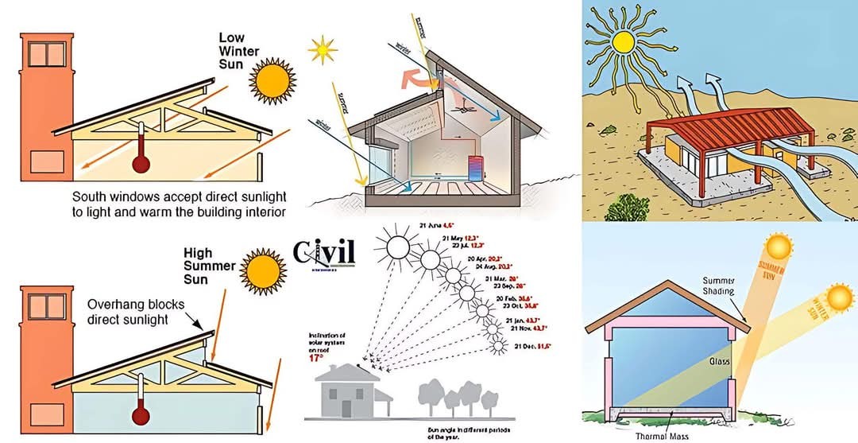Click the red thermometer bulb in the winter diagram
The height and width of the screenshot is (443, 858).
point(141,163)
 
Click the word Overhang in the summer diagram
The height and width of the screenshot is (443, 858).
point(117,304)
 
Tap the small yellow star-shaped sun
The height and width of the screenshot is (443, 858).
point(323,50)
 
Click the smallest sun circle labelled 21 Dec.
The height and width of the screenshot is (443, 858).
point(498,346)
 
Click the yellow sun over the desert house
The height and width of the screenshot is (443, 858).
point(622,41)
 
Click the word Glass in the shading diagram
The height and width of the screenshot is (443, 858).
point(720,361)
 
